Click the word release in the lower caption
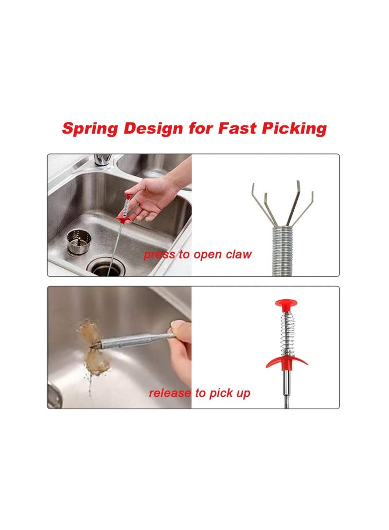click(x=170, y=393)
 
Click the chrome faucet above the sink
click(x=102, y=159)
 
